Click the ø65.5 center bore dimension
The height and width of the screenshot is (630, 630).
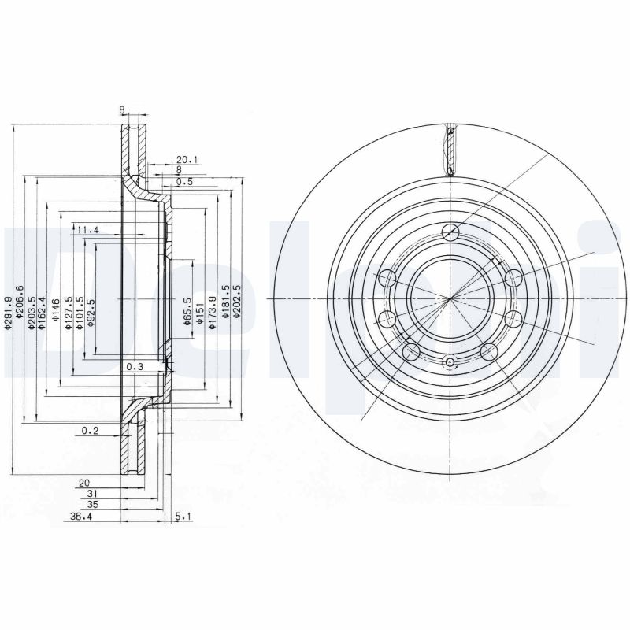(x=187, y=310)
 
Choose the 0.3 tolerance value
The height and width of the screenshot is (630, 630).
(x=135, y=367)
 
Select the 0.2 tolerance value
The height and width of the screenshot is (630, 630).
(x=89, y=431)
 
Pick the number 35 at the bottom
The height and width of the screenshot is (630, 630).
(x=93, y=504)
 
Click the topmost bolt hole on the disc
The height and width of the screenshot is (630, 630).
(x=450, y=232)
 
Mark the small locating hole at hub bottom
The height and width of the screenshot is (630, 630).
(x=450, y=362)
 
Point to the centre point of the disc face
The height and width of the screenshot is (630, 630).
(x=450, y=300)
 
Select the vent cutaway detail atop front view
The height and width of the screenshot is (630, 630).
(x=450, y=150)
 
